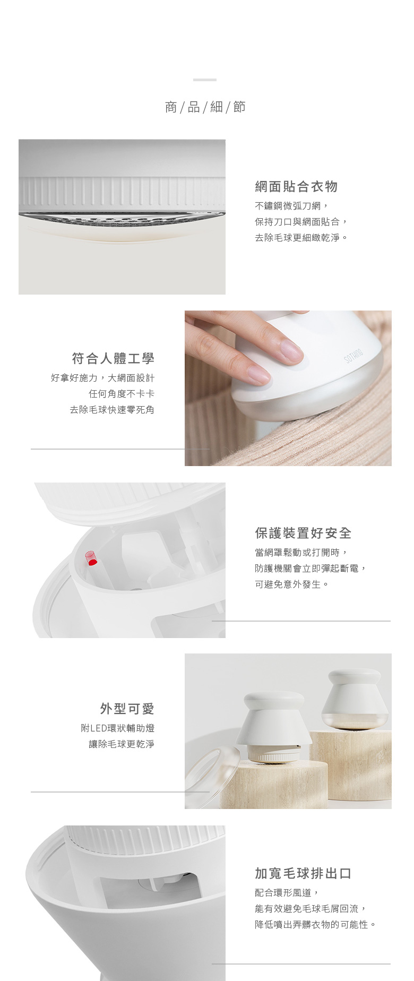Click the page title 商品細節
coord(205,107)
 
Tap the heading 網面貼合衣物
coord(296,186)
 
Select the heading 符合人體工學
coord(113,358)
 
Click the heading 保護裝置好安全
coord(303,533)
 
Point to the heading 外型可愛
coord(127,709)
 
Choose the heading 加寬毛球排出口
coord(303,873)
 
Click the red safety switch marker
coord(91,558)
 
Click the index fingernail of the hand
coord(291,351)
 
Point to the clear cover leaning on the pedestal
coord(212,776)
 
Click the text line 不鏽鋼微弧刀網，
coord(292,206)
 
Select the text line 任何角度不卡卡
coord(122,394)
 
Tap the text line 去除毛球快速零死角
coord(112,410)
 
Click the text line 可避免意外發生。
coord(292,584)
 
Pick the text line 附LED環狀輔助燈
coord(118,728)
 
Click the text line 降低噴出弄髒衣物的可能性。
coord(316,925)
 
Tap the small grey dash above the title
coord(205,80)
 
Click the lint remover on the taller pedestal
coord(351,699)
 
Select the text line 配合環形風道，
coord(287,893)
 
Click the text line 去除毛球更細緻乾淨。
coord(301,238)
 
